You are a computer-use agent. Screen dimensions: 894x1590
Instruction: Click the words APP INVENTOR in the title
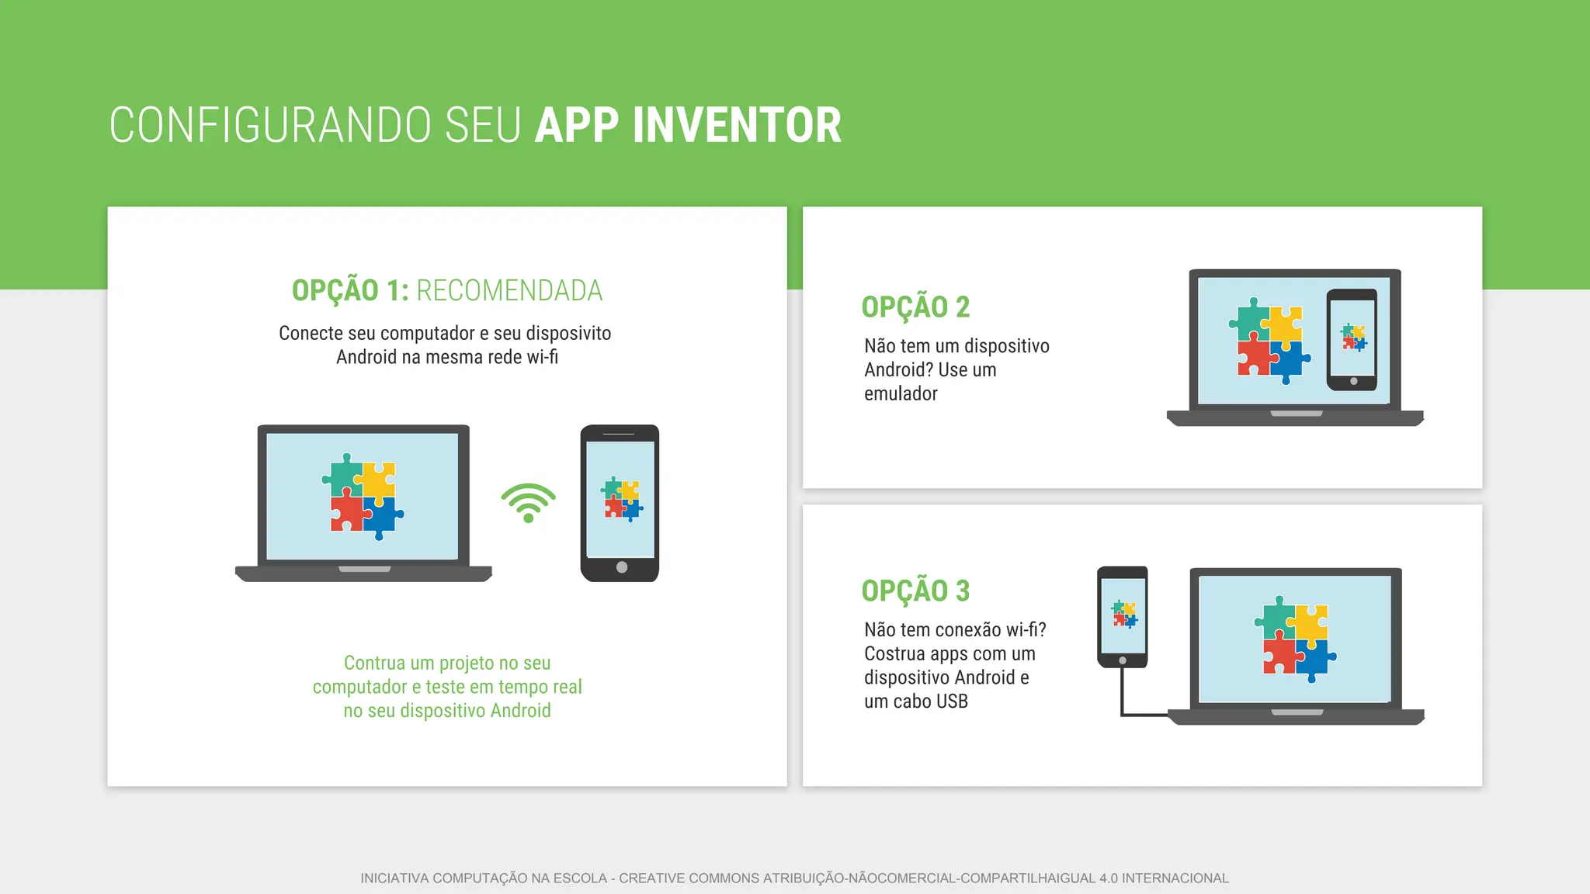pyautogui.click(x=688, y=126)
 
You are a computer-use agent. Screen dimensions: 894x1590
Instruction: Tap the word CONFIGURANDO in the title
pyautogui.click(x=269, y=126)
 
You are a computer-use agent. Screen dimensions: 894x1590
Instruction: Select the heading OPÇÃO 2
pyautogui.click(x=915, y=307)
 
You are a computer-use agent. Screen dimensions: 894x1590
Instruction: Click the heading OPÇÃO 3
pyautogui.click(x=915, y=591)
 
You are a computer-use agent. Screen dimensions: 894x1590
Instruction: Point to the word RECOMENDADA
pyautogui.click(x=509, y=291)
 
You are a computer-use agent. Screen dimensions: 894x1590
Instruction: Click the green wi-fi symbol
pyautogui.click(x=528, y=503)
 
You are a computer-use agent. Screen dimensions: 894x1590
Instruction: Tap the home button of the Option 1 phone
pyautogui.click(x=621, y=567)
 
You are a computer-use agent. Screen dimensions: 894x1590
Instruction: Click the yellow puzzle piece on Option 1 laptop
pyautogui.click(x=380, y=479)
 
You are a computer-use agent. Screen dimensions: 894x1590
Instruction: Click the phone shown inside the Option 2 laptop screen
pyautogui.click(x=1352, y=339)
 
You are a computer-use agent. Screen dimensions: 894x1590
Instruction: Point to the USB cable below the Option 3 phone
pyautogui.click(x=1123, y=695)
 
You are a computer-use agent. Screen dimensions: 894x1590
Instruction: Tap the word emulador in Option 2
pyautogui.click(x=901, y=394)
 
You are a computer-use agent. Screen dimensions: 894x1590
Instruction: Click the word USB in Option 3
pyautogui.click(x=952, y=702)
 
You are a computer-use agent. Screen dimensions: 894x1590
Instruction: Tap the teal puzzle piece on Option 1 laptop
pyautogui.click(x=343, y=474)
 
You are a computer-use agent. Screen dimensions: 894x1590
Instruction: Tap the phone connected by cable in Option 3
pyautogui.click(x=1123, y=616)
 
